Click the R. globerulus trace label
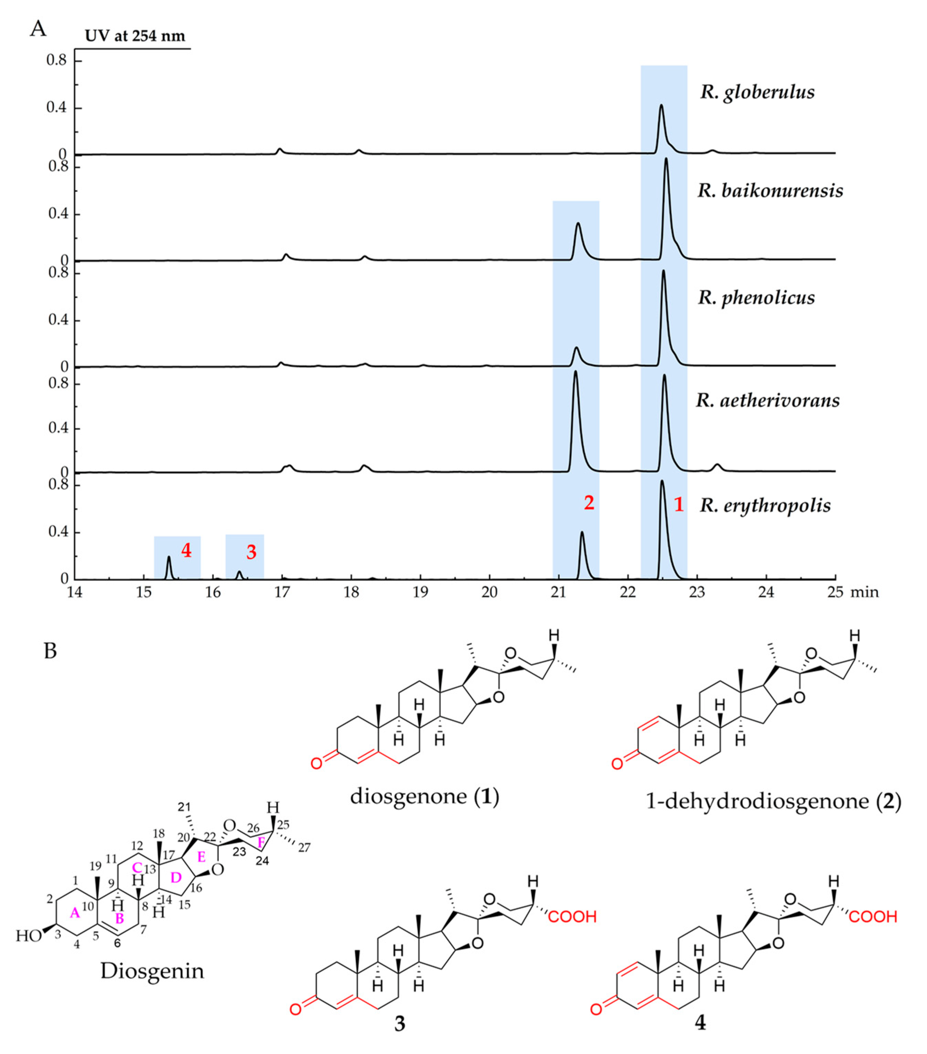coord(757,92)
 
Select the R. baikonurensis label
coord(770,191)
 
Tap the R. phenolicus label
coord(756,298)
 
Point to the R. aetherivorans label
coord(767,400)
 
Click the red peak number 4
coord(186,551)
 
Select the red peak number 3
coord(251,552)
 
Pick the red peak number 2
coord(589,502)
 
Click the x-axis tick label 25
coord(835,592)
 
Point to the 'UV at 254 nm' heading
coord(135,36)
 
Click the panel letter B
coord(50,651)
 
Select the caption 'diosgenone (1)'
coord(425,797)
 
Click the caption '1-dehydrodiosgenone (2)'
coord(773,801)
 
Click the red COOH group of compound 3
coord(572,916)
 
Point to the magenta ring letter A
coord(75,914)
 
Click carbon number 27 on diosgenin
coord(304,848)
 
